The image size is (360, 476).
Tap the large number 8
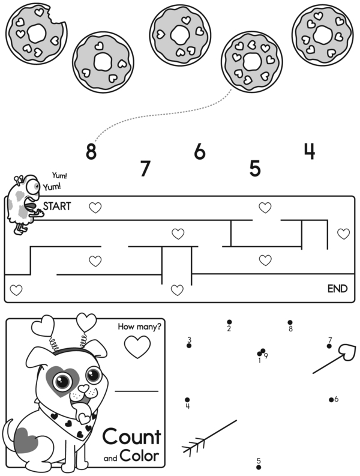pyautogui.click(x=91, y=151)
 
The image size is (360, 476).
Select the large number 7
pyautogui.click(x=144, y=169)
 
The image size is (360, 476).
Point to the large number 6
pyautogui.click(x=200, y=151)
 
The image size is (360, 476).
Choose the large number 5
pyautogui.click(x=255, y=169)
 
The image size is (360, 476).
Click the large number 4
pyautogui.click(x=309, y=151)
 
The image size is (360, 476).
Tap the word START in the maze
pyautogui.click(x=57, y=206)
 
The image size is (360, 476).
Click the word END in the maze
pyautogui.click(x=337, y=289)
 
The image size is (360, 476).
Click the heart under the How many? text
pyautogui.click(x=137, y=346)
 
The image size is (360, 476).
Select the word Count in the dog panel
pyautogui.click(x=131, y=437)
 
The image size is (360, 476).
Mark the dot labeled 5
pyautogui.click(x=259, y=468)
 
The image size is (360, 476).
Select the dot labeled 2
pyautogui.click(x=229, y=322)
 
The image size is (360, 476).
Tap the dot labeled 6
pyautogui.click(x=331, y=399)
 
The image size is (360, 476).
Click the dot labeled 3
pyautogui.click(x=189, y=346)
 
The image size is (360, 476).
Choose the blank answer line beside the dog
pyautogui.click(x=136, y=391)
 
